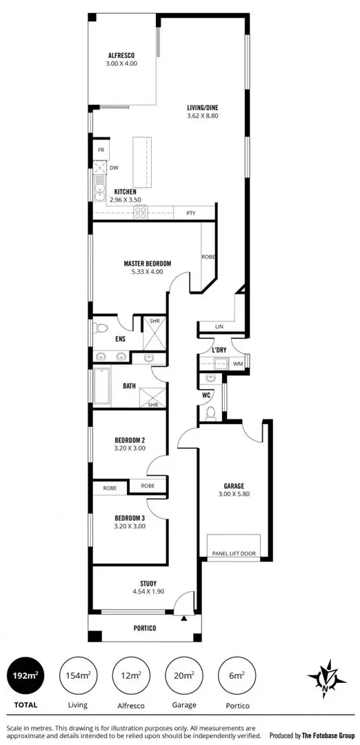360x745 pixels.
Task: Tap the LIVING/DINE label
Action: [202, 108]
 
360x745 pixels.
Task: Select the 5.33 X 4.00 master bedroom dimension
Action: [147, 271]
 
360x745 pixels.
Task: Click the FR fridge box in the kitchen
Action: [101, 150]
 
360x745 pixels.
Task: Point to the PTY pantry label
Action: [191, 212]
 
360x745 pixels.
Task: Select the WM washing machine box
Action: [237, 363]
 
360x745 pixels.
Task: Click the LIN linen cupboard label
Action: [219, 327]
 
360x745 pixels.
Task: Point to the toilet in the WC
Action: [210, 412]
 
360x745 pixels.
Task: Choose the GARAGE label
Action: [234, 486]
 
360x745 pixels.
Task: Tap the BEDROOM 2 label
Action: [130, 439]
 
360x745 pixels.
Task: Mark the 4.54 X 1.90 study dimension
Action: [148, 592]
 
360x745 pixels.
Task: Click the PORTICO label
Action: [145, 628]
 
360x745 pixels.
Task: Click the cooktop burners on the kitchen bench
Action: [141, 212]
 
